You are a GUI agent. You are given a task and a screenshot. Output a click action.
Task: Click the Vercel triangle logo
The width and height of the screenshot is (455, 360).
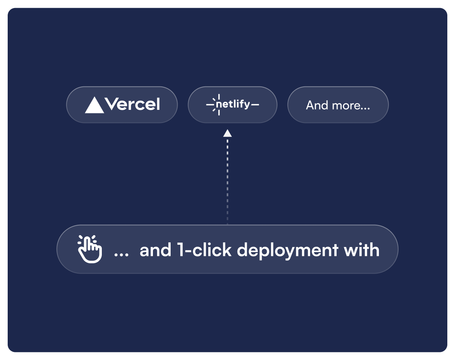coord(94,106)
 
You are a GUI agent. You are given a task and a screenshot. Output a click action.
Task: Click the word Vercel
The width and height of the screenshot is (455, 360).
coord(132,104)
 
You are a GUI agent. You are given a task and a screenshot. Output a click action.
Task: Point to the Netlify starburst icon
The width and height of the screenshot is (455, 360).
coord(218,105)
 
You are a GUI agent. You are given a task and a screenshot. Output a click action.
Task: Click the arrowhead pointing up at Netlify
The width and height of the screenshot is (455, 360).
coord(227,133)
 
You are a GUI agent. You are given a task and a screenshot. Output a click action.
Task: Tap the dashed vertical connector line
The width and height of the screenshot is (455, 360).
coord(227,181)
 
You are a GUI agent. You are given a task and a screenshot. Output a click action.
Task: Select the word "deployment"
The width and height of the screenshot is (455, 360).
coord(287,250)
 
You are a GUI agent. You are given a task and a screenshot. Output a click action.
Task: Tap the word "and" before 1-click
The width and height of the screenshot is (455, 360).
coord(156,250)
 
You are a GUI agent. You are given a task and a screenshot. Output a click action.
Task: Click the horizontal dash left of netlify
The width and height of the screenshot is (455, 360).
coord(210,105)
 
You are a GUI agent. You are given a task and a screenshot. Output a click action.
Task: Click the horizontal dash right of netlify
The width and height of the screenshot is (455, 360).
coord(255,105)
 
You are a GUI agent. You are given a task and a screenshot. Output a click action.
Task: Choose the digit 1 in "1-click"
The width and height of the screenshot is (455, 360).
coord(181,250)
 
